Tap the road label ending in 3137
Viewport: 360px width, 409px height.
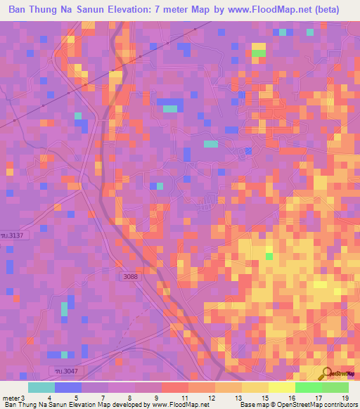20,235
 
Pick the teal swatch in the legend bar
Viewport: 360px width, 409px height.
41,388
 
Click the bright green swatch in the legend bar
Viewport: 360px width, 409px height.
308,388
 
